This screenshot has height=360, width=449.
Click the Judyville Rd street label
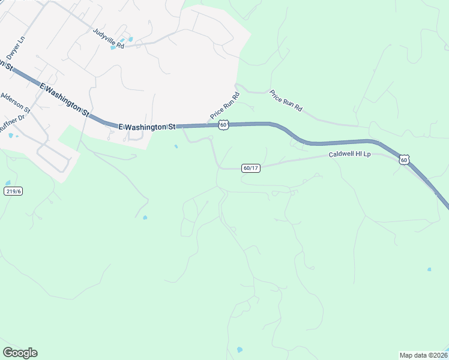coord(108,37)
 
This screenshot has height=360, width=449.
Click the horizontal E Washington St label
coord(146,127)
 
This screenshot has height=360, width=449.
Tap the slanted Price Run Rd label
coord(225,106)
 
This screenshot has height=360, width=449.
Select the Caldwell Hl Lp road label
coord(351,154)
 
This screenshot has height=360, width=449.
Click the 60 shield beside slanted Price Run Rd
coord(223,124)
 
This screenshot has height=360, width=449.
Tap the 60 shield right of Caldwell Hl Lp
coord(405,160)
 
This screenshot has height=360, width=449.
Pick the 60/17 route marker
coord(251,168)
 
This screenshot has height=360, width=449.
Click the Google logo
coord(20,353)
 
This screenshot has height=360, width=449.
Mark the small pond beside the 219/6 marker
coord(7,182)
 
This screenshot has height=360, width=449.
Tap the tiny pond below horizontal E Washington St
coord(176,146)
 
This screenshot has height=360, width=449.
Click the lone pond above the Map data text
coord(429,269)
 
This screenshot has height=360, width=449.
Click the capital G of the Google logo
coord(8,353)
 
